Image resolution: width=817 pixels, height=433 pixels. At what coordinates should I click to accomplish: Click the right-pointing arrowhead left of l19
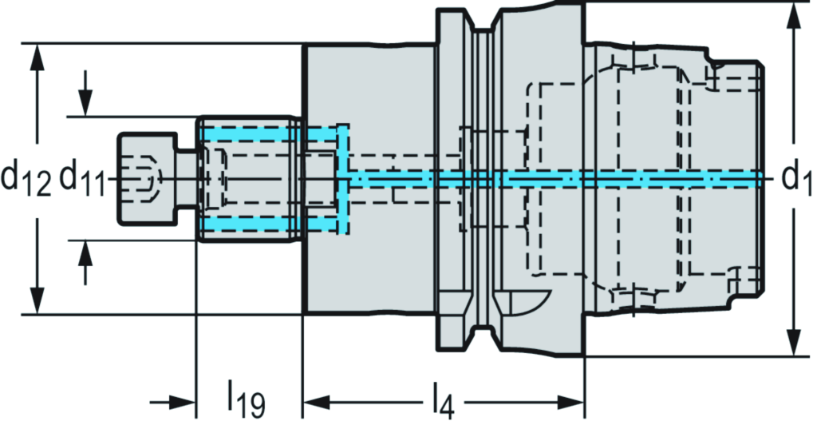(183, 400)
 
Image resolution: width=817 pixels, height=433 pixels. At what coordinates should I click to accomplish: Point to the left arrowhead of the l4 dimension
(316, 400)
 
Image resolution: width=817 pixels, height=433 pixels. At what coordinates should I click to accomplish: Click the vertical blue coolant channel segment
(344, 179)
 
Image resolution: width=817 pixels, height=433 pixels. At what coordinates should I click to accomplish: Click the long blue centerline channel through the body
(558, 177)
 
